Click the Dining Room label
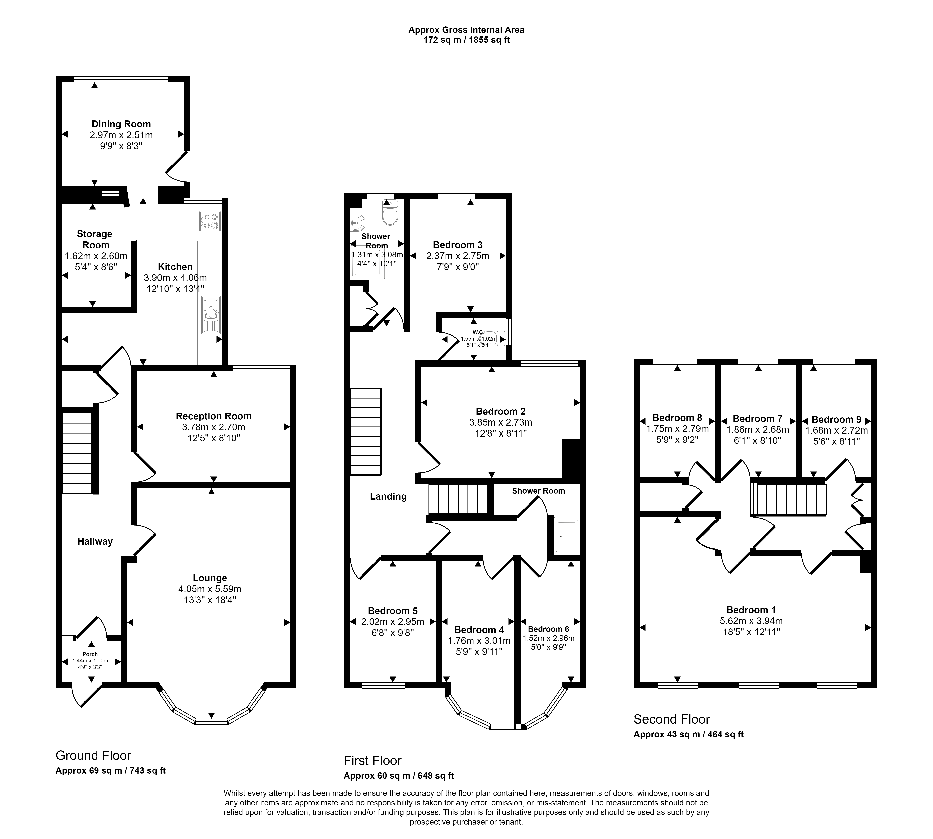121,124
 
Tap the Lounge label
210,578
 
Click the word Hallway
95,542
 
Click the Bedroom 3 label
458,245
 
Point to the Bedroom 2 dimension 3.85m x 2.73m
501,422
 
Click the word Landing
388,496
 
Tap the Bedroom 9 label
836,420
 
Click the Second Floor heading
672,719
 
